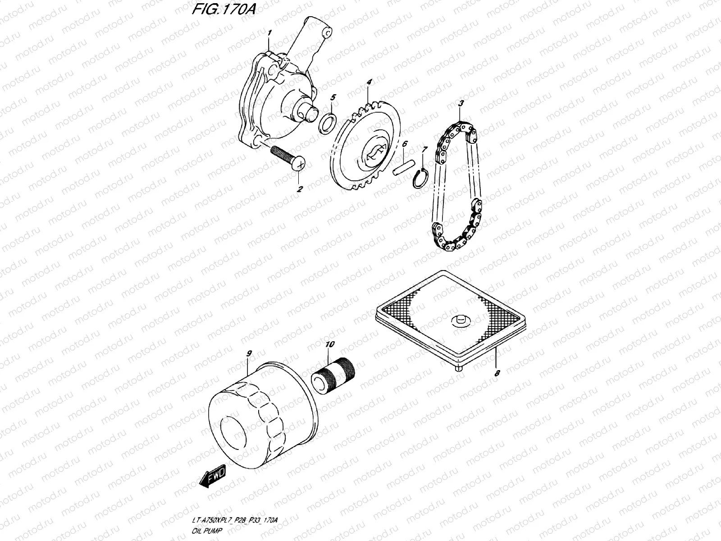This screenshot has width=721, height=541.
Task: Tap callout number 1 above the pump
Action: [269, 33]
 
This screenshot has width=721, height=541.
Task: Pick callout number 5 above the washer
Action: [333, 97]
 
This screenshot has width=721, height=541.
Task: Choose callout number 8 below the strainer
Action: [497, 373]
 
